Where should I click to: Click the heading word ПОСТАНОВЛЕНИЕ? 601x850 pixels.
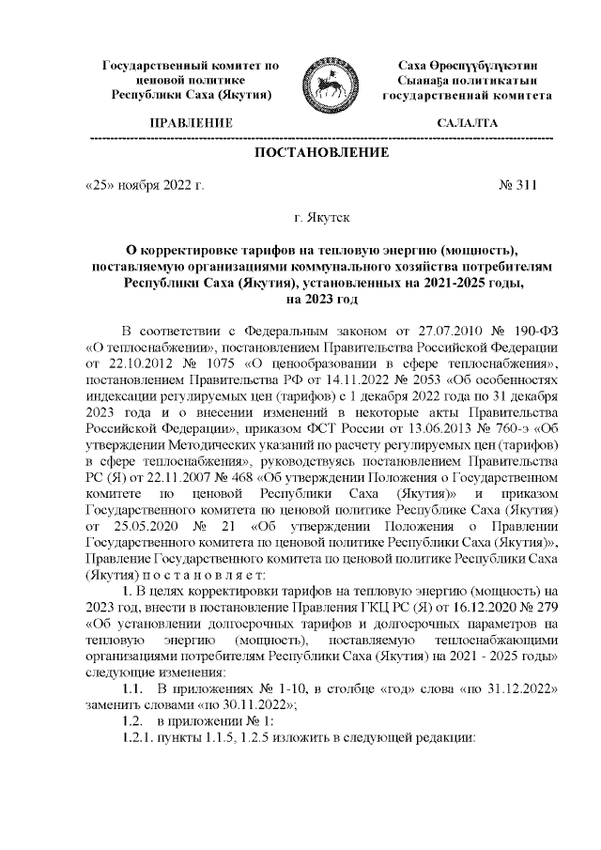click(321, 152)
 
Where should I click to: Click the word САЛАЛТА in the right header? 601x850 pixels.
click(468, 123)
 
